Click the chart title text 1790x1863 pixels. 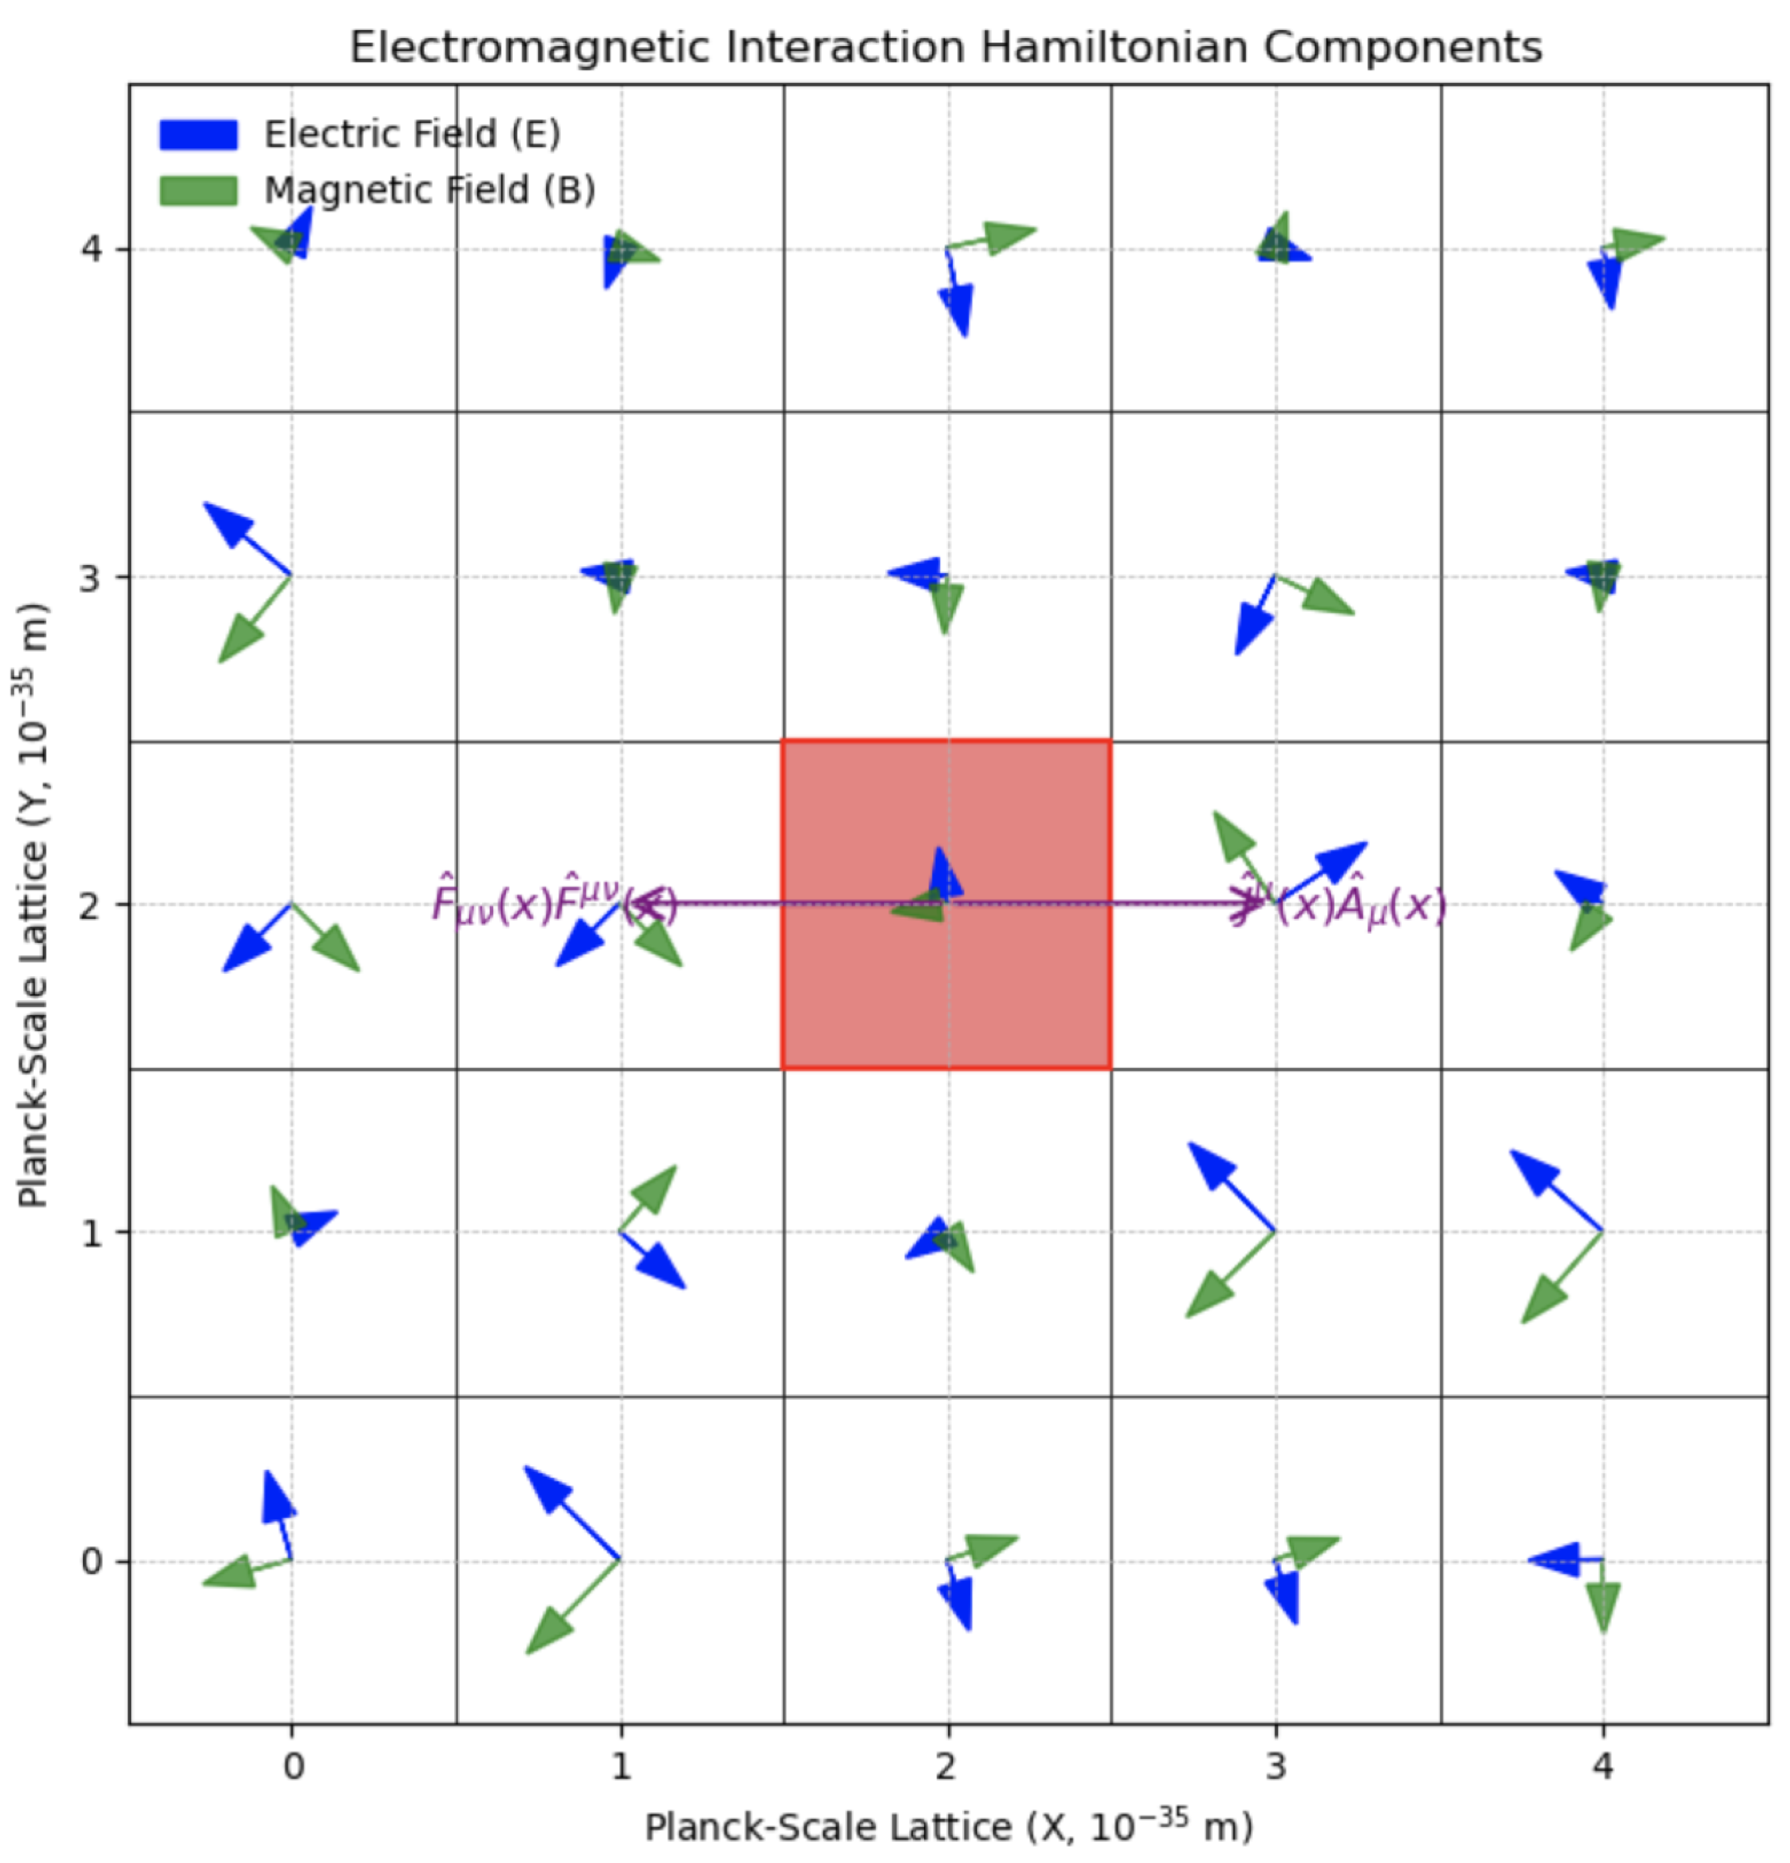point(945,48)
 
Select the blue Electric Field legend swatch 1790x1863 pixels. point(198,135)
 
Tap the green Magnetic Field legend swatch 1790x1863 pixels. point(198,191)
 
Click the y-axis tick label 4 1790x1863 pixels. point(91,250)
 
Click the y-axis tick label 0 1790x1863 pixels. point(91,1561)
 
